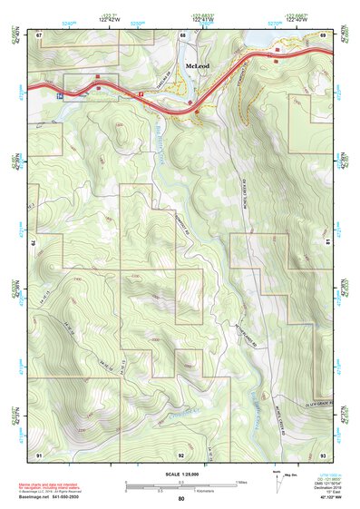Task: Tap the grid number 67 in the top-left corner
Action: [39, 34]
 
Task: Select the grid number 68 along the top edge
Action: [182, 34]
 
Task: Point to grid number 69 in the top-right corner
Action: [323, 34]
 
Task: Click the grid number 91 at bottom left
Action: [39, 454]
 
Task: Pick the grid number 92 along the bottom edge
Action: [181, 454]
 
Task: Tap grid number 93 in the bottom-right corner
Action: [323, 454]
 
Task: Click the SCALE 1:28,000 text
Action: [180, 475]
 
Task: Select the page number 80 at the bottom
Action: [180, 499]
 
